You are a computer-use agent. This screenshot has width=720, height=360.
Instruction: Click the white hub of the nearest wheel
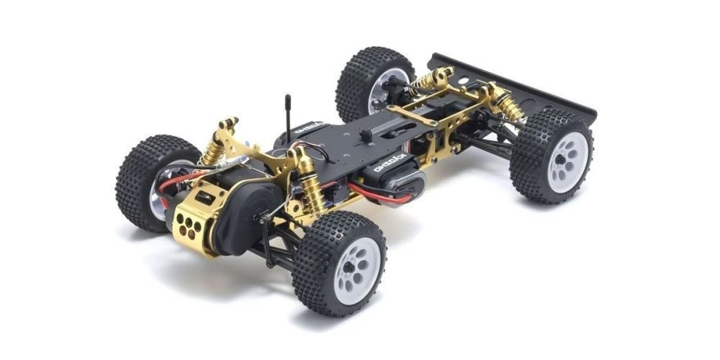click(357, 268)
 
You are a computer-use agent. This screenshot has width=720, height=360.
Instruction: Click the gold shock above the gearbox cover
click(215, 148)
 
